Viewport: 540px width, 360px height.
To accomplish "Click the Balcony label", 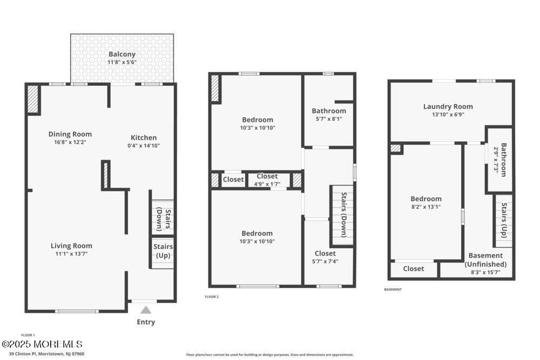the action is click(x=122, y=54).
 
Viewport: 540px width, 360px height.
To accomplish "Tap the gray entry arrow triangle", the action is click(x=146, y=310).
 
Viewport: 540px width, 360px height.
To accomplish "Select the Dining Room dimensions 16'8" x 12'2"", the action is click(x=70, y=142).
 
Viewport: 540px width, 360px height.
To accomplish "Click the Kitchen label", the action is click(x=144, y=137).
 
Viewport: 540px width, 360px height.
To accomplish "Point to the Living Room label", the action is click(x=71, y=246).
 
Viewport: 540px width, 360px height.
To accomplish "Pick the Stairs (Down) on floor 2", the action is click(x=343, y=215).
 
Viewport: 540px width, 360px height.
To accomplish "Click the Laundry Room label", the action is click(x=448, y=106).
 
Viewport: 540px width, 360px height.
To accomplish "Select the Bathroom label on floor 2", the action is click(x=328, y=111).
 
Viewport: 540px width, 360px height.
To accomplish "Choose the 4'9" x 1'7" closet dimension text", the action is click(x=267, y=184).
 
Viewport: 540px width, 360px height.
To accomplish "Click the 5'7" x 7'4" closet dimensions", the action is click(x=325, y=261).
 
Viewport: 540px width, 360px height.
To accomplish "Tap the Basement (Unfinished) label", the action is click(x=485, y=260).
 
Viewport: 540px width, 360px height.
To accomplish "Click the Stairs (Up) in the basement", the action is click(x=504, y=220).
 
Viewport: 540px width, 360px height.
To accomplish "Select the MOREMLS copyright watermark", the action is click(x=42, y=344).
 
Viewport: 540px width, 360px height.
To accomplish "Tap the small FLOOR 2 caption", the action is click(x=212, y=297).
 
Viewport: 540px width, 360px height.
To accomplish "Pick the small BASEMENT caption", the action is click(x=393, y=289).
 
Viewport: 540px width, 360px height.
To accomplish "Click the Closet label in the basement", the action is click(x=413, y=268).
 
